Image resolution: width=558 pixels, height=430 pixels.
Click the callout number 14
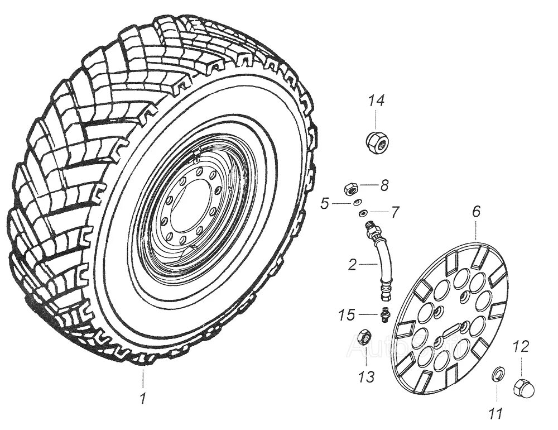[376, 102]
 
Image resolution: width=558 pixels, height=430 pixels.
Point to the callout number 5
[325, 204]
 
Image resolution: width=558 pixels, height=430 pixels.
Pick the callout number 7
[395, 213]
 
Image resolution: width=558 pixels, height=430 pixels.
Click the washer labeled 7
[363, 212]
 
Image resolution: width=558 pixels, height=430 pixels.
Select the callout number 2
[352, 265]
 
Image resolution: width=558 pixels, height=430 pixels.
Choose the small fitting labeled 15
[384, 314]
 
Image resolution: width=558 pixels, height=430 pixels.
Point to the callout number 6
[475, 212]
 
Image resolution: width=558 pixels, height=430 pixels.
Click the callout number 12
[520, 347]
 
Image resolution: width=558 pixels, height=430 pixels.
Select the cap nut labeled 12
[521, 385]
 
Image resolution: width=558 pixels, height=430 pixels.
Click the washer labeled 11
[497, 374]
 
